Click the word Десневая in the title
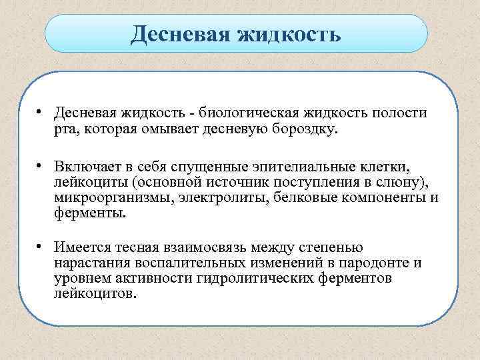[x=180, y=33]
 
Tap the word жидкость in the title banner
[x=289, y=33]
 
